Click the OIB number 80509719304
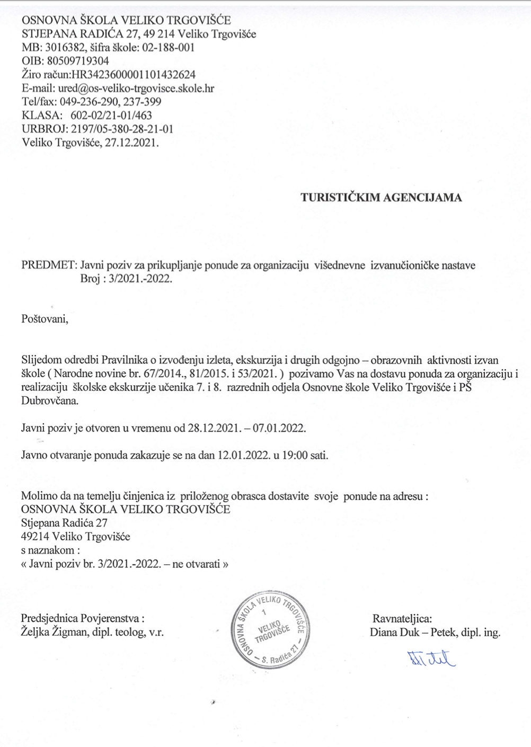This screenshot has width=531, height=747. point(78,61)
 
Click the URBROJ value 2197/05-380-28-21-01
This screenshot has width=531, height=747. point(121,129)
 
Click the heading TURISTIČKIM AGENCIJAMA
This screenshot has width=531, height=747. point(381,198)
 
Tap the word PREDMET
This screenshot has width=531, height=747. point(48,265)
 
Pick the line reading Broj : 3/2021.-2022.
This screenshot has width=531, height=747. point(126,279)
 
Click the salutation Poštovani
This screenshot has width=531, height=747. point(45,319)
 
